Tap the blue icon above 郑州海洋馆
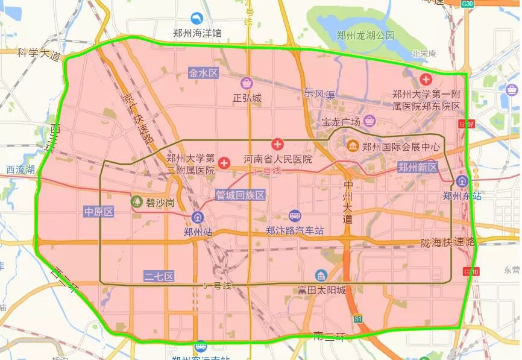(x=197, y=19)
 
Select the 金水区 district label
(x=203, y=73)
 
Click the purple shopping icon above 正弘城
(x=247, y=83)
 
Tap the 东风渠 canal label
(x=319, y=93)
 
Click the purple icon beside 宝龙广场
(x=369, y=121)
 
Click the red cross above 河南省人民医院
(x=277, y=145)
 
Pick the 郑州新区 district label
(x=418, y=168)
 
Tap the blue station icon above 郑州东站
(x=462, y=181)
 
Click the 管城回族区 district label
(x=241, y=195)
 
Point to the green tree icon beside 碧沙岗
(x=137, y=201)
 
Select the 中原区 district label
(x=98, y=212)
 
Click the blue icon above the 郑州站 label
(x=197, y=218)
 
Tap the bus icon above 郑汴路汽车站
(x=295, y=216)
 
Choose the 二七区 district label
(x=159, y=277)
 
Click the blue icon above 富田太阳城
(x=321, y=276)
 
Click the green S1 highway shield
(x=358, y=318)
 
